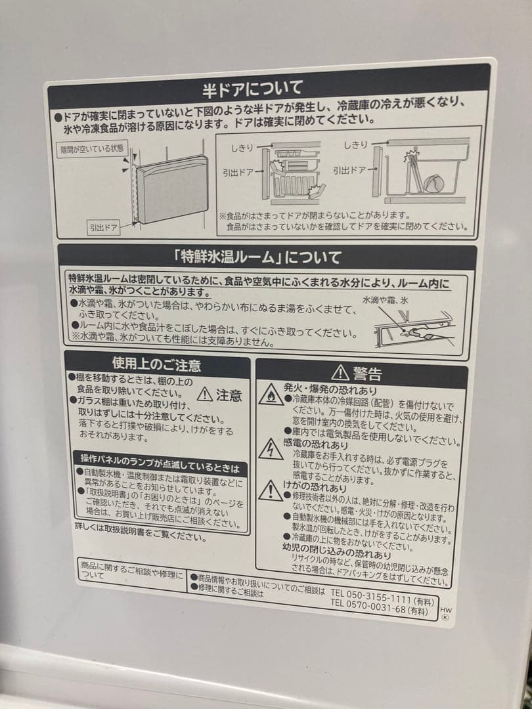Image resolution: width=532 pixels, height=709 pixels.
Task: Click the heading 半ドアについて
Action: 252,87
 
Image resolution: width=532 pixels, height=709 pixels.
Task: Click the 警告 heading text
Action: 357,374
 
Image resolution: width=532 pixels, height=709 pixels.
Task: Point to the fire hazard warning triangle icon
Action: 271,395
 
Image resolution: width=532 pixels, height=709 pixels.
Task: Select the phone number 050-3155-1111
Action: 380,600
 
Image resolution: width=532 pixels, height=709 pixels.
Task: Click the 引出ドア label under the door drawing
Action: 104,228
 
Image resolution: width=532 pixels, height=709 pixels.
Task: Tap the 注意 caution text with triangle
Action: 219,395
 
